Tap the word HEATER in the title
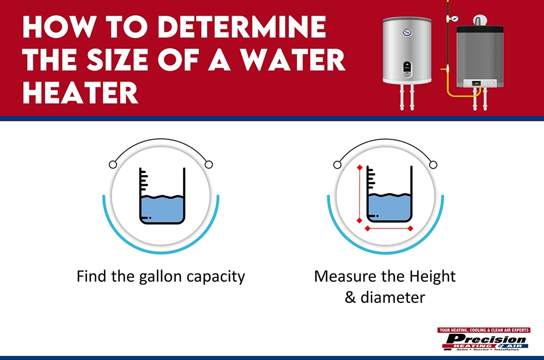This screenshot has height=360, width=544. [x=80, y=92]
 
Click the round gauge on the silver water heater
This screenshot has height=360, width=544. [x=407, y=32]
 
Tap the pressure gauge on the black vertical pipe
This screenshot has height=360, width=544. [x=449, y=18]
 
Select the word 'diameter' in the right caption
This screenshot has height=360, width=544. [x=399, y=297]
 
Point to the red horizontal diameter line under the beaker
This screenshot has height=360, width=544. [x=389, y=228]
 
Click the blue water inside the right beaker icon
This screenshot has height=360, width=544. [x=389, y=209]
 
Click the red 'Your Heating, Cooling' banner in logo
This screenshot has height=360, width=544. [x=484, y=330]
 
